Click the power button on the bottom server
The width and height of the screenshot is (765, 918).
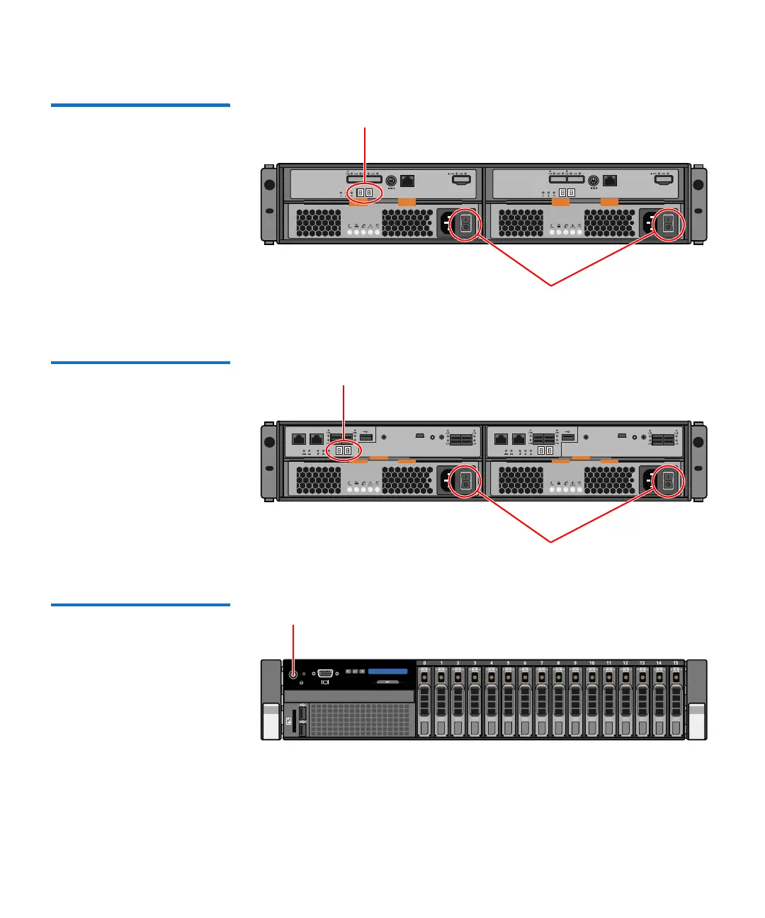click(293, 674)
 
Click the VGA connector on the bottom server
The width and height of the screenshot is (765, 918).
click(326, 674)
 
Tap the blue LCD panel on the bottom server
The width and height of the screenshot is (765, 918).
click(387, 671)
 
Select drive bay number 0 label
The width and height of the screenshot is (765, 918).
click(425, 663)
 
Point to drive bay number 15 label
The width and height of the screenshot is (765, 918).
click(676, 663)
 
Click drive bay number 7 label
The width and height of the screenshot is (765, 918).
click(542, 663)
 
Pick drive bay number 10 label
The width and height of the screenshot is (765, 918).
click(592, 663)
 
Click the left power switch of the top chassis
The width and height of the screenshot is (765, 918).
click(465, 225)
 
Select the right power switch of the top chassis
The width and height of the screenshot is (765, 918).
click(667, 225)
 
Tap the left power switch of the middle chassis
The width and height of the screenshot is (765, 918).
click(465, 482)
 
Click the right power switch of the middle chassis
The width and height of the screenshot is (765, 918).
click(667, 482)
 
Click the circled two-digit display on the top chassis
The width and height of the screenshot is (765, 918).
click(364, 193)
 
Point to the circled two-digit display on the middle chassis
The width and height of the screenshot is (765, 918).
click(344, 450)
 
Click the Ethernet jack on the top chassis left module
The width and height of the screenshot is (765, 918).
click(407, 181)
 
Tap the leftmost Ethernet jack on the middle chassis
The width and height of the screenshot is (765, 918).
click(299, 439)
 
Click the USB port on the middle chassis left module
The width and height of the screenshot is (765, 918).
click(366, 436)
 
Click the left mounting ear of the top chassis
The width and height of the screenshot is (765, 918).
click(269, 203)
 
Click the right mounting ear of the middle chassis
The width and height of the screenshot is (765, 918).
click(698, 460)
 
